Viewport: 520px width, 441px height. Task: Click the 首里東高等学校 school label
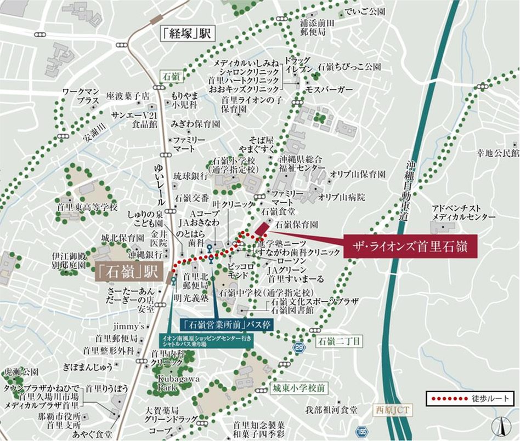87,208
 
